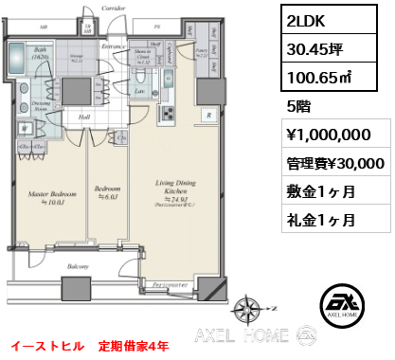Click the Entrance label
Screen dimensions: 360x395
pos(115,45)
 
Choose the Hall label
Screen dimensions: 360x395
pos(84,117)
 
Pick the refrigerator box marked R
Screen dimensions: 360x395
pos(206,115)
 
